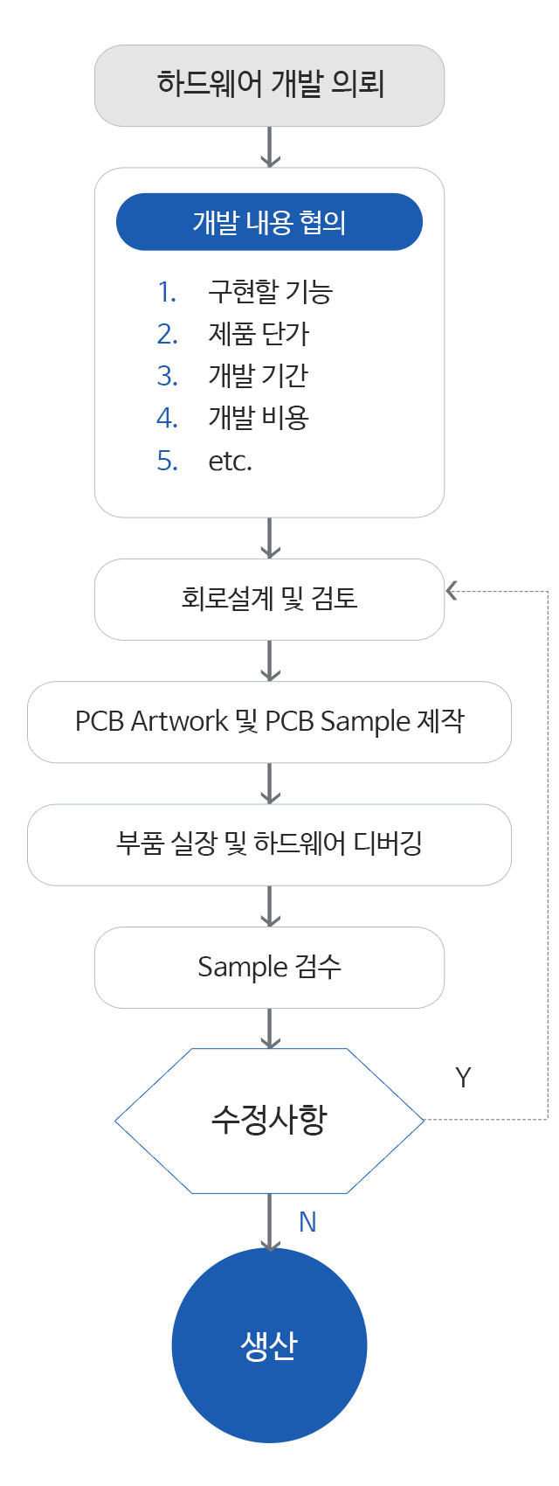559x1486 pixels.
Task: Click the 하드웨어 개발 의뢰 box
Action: coord(269,85)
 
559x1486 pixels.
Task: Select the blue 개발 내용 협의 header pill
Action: coord(269,222)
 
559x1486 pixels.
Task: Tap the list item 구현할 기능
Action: coord(270,292)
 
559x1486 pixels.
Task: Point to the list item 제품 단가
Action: coord(259,334)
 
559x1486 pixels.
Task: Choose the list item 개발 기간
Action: coord(258,376)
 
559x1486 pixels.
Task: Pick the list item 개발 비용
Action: coord(259,418)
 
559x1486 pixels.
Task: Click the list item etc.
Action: coord(231,461)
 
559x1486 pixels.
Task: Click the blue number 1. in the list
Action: coord(167,292)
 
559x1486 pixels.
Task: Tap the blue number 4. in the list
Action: coord(167,418)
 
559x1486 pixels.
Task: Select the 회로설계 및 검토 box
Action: coord(269,599)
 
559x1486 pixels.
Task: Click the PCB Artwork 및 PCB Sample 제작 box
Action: coord(269,722)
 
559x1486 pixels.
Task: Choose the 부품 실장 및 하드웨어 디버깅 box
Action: coord(269,844)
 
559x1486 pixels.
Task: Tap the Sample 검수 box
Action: coord(269,967)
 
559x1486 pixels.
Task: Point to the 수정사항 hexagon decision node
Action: coord(269,1121)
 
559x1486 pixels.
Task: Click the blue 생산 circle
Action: coord(269,1345)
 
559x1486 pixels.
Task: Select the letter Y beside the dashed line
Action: coord(463,1078)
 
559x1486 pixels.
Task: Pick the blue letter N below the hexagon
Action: coord(307,1222)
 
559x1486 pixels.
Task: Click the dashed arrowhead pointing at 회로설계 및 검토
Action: coord(452,591)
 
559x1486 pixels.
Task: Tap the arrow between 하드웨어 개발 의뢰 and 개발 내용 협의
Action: coord(271,147)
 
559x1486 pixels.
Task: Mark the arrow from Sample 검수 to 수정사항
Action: coord(271,1029)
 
